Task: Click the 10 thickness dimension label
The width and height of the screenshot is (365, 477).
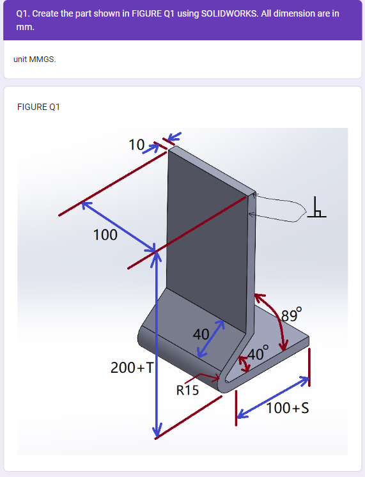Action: [137, 145]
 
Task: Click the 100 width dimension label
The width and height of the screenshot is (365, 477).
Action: [105, 235]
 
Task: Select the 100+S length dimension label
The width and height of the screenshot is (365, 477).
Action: [288, 408]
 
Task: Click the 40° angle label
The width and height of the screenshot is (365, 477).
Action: [259, 353]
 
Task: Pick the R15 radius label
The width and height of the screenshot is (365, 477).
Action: [187, 390]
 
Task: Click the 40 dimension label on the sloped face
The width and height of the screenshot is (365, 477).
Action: [201, 334]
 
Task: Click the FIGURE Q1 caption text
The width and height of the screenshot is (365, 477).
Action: [38, 107]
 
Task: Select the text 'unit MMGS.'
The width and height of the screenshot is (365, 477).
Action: [35, 59]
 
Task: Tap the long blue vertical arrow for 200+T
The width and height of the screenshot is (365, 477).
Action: [155, 345]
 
